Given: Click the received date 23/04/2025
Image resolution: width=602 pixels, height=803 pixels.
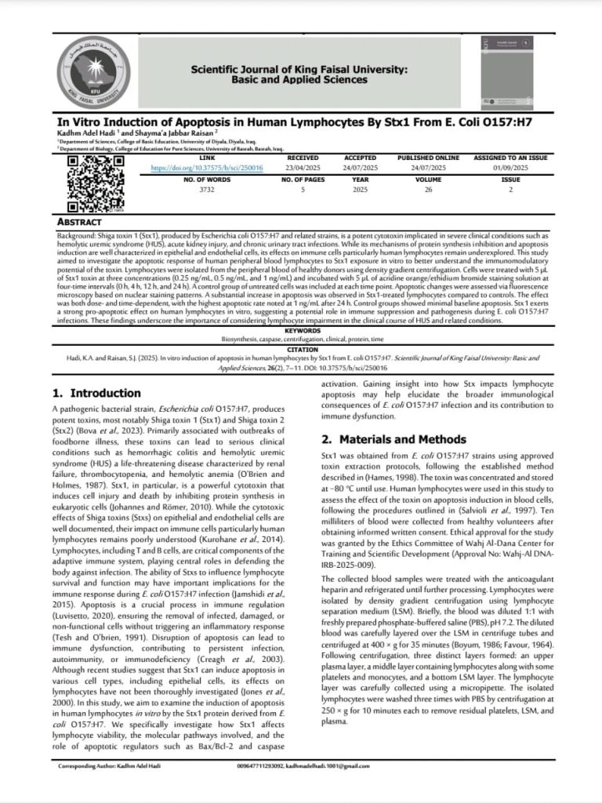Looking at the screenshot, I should pos(303,168).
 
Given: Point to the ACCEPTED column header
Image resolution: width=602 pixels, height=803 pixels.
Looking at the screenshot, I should pos(361,158).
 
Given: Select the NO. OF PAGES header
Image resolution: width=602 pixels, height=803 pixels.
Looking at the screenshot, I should pos(303,180).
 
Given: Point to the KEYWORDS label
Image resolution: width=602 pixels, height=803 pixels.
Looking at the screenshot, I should pos(301,332).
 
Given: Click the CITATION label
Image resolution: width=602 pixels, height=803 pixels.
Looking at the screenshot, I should pos(301,349).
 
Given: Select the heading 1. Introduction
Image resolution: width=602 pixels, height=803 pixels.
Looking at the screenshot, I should pos(96,393).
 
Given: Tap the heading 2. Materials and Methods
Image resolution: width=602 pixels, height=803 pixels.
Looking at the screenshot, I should pos(393,439).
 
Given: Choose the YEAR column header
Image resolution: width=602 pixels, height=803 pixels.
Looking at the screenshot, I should pos(361,180).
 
